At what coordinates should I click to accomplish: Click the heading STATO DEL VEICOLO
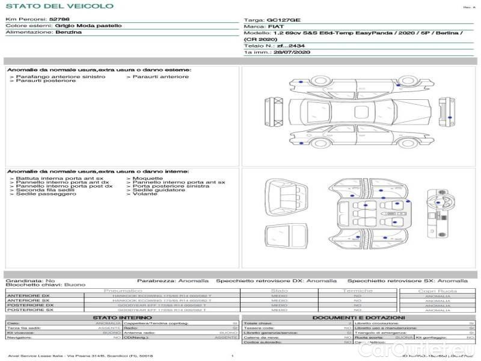(59, 6)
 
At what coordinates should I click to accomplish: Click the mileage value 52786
(60, 20)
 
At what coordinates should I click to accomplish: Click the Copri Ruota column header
(438, 291)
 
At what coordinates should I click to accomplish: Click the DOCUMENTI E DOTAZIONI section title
(358, 318)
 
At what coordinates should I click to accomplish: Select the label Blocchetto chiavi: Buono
(46, 284)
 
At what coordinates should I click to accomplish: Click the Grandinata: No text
(30, 280)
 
